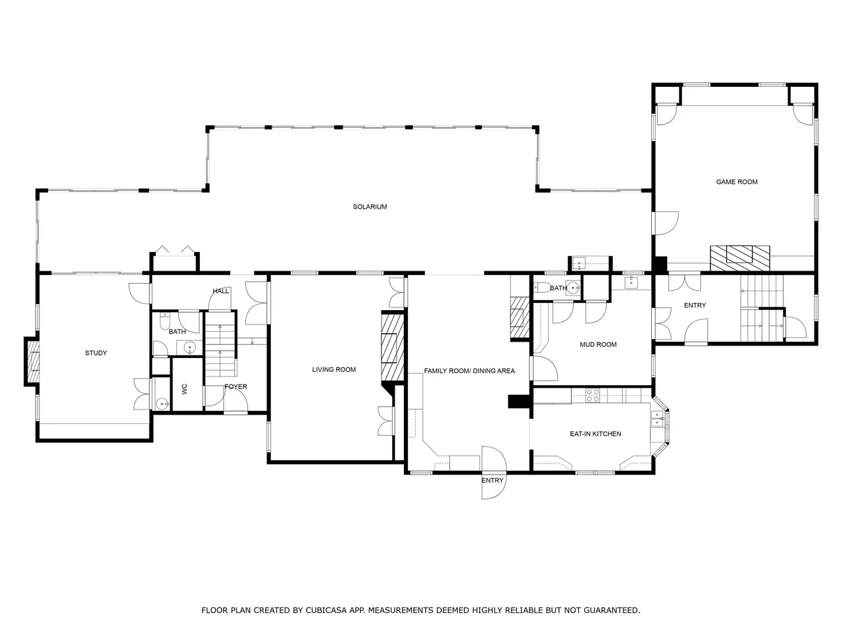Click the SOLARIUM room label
coord(370,207)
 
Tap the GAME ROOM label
coord(737,182)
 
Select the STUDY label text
coord(96,353)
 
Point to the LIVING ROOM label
coord(334,369)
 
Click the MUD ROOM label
coord(598,344)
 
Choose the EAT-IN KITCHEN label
coord(595,434)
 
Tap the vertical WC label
coord(184,388)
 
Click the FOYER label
coord(235,386)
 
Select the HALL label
coord(220,291)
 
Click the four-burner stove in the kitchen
coord(593,395)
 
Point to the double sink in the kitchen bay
coord(656,419)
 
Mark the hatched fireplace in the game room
coord(739,258)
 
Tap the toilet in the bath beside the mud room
coord(541,287)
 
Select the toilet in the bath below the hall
coord(165,321)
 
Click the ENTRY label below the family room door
coord(492,481)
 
